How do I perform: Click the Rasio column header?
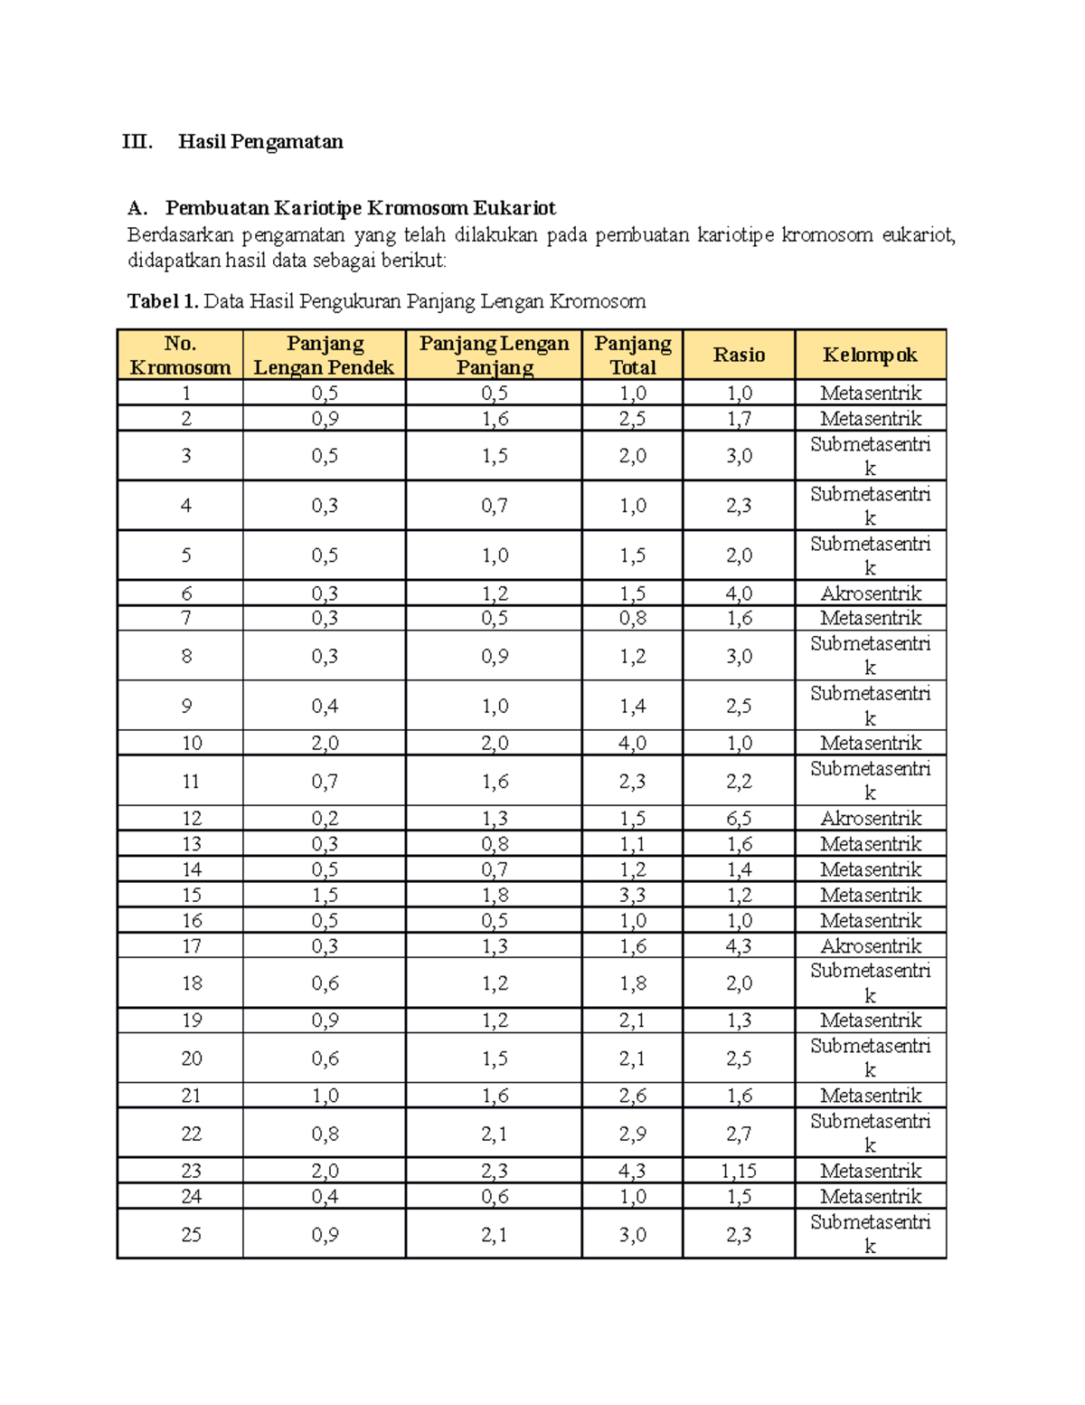[x=738, y=355]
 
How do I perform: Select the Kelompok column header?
[x=870, y=355]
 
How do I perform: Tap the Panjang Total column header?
[x=632, y=355]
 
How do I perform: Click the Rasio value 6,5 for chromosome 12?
[x=738, y=818]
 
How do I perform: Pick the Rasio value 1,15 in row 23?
[x=738, y=1171]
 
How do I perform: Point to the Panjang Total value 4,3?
[x=632, y=1171]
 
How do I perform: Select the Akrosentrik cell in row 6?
[x=870, y=593]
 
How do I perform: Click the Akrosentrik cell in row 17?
[x=870, y=945]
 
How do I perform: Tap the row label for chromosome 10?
[x=191, y=743]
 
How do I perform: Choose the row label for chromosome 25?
[x=191, y=1234]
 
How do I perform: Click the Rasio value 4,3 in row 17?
[x=738, y=945]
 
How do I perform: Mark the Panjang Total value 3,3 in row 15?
[x=632, y=895]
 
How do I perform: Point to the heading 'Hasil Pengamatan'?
[x=260, y=141]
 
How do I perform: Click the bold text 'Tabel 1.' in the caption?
[x=163, y=301]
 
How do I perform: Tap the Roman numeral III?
[x=137, y=141]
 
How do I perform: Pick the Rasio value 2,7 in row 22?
[x=738, y=1134]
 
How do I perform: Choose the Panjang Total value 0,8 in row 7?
[x=632, y=618]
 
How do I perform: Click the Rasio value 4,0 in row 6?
[x=738, y=593]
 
